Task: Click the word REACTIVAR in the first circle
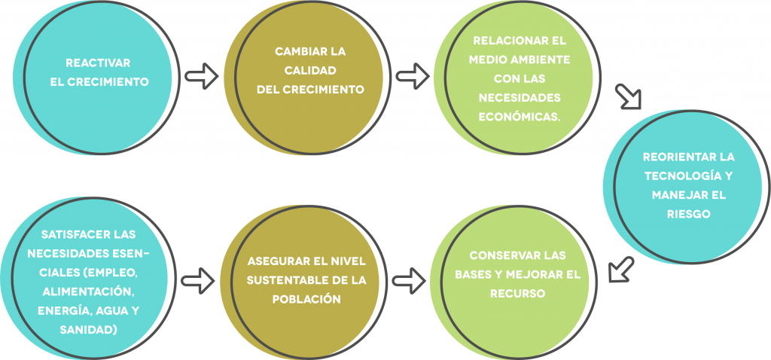(x=99, y=63)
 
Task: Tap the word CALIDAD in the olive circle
(x=309, y=70)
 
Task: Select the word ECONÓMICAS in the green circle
(x=520, y=117)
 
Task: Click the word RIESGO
(x=688, y=215)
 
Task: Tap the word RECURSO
(x=518, y=294)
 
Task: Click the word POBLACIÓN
(x=306, y=300)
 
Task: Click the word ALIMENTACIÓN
(x=89, y=292)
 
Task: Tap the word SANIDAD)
(x=89, y=330)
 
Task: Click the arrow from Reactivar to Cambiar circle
(x=202, y=76)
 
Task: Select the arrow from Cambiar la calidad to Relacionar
(x=413, y=76)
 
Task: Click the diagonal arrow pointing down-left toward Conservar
(x=621, y=270)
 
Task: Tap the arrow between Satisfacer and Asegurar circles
(x=198, y=281)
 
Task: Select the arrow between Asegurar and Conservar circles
(x=410, y=281)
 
